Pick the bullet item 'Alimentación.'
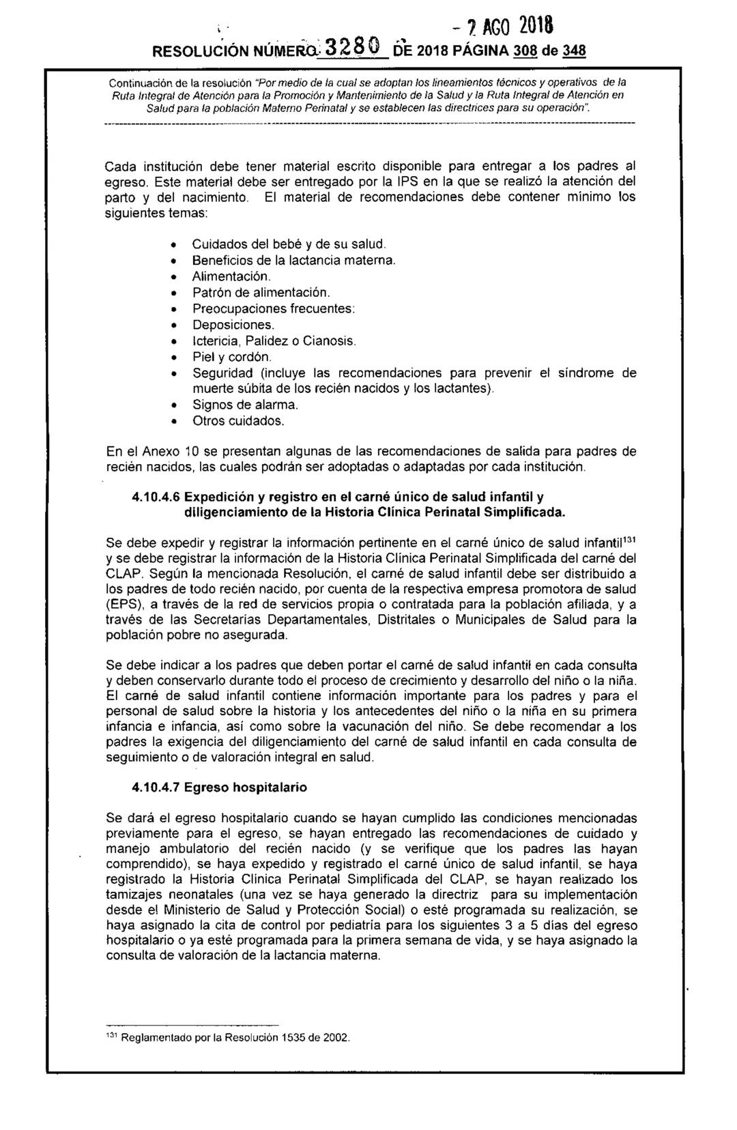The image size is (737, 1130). tap(231, 276)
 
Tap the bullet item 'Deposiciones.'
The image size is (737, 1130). tap(233, 325)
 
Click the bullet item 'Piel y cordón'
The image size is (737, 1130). tap(232, 357)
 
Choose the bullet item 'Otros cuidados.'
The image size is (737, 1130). tap(237, 421)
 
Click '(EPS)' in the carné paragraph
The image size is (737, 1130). tap(126, 604)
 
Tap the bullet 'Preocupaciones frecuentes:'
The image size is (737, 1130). tap(273, 308)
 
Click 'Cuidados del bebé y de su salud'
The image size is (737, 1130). tap(289, 244)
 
